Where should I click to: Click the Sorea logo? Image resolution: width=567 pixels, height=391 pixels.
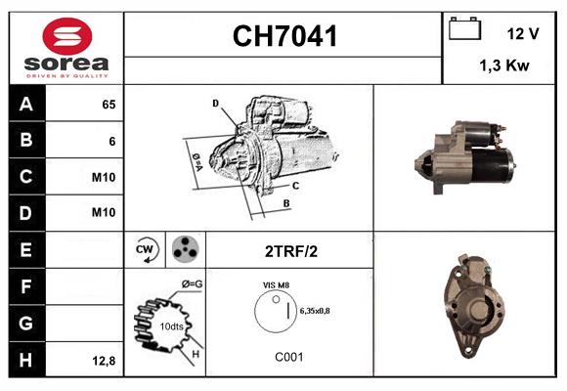[65, 49]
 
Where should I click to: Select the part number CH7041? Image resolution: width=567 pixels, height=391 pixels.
[284, 37]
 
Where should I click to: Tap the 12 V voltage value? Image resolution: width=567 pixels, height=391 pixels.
[523, 33]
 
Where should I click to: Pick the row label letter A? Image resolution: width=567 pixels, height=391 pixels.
[25, 105]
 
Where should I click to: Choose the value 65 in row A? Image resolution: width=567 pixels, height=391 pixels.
[109, 104]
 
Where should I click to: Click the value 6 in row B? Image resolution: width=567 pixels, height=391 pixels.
[112, 141]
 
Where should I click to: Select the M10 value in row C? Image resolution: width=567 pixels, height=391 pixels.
[105, 177]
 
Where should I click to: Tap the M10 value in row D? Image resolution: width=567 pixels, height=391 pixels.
[105, 213]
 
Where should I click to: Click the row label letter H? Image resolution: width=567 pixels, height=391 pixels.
[25, 359]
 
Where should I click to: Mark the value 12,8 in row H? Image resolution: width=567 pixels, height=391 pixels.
[105, 360]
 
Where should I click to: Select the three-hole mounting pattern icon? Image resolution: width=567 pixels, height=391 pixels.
[183, 249]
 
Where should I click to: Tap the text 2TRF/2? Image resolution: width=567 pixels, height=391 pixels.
[290, 250]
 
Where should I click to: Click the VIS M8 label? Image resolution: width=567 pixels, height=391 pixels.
[275, 284]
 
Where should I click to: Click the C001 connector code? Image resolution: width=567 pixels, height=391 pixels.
[288, 357]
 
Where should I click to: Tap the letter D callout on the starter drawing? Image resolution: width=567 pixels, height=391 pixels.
[215, 102]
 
